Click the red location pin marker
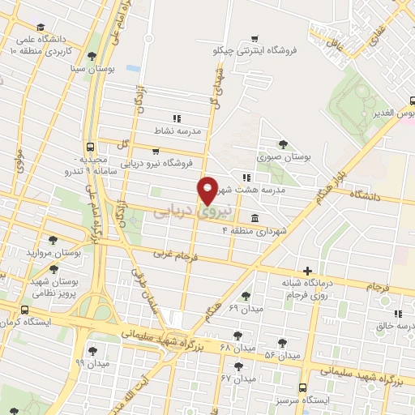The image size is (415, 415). (x=208, y=190)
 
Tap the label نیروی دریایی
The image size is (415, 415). (x=193, y=210)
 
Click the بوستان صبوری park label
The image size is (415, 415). (x=282, y=157)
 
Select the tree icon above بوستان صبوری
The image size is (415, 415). (x=282, y=144)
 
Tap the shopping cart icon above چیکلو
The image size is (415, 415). (x=255, y=37)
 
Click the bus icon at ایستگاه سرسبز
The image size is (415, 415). (x=303, y=387)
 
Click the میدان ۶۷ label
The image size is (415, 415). (x=237, y=378)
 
